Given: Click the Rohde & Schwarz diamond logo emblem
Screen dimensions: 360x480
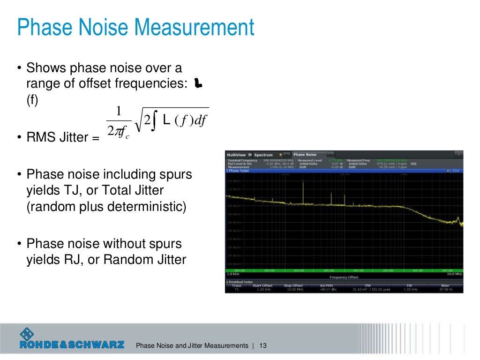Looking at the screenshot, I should [27, 334].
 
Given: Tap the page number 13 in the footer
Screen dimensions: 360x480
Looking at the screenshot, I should [262, 346].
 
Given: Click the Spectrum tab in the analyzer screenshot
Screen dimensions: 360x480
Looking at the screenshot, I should [263, 155].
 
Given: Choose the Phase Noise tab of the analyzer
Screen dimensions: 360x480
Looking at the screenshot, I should [305, 155].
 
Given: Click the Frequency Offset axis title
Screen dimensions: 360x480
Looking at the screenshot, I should [345, 277].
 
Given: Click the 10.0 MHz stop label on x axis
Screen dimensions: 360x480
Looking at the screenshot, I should [455, 274].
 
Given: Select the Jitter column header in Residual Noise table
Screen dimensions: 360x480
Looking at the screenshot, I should [445, 285].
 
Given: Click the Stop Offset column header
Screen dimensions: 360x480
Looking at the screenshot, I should [293, 285].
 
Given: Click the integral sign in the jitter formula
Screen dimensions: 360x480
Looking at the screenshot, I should [153, 121].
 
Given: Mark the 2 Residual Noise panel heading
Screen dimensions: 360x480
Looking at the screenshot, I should [240, 282].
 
